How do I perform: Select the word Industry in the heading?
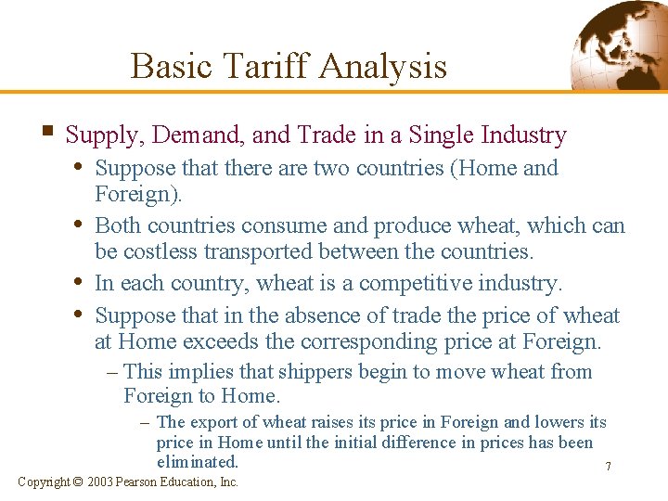pos(524,135)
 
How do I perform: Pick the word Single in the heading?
pos(438,135)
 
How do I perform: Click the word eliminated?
pos(198,462)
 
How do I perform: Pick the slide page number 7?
pos(608,467)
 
